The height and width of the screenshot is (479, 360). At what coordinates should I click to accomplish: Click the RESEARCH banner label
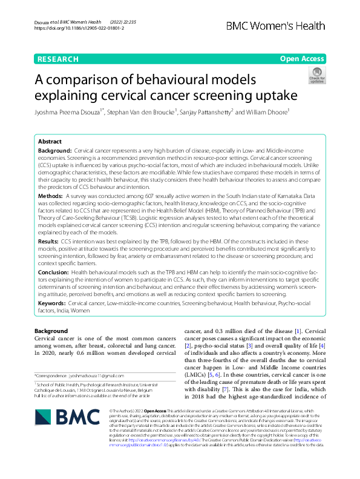pos(57,59)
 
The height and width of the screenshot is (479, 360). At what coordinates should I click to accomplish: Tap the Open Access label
pos(302,59)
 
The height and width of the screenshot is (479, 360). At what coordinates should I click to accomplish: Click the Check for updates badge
pos(316,75)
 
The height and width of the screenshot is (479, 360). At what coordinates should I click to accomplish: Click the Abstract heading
pos(50,140)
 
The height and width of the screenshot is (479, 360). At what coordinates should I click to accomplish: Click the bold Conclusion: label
pos(53,273)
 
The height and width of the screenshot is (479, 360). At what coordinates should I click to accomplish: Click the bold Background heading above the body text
pos(51,331)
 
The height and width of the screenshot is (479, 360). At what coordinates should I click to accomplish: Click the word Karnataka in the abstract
pos(298,196)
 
